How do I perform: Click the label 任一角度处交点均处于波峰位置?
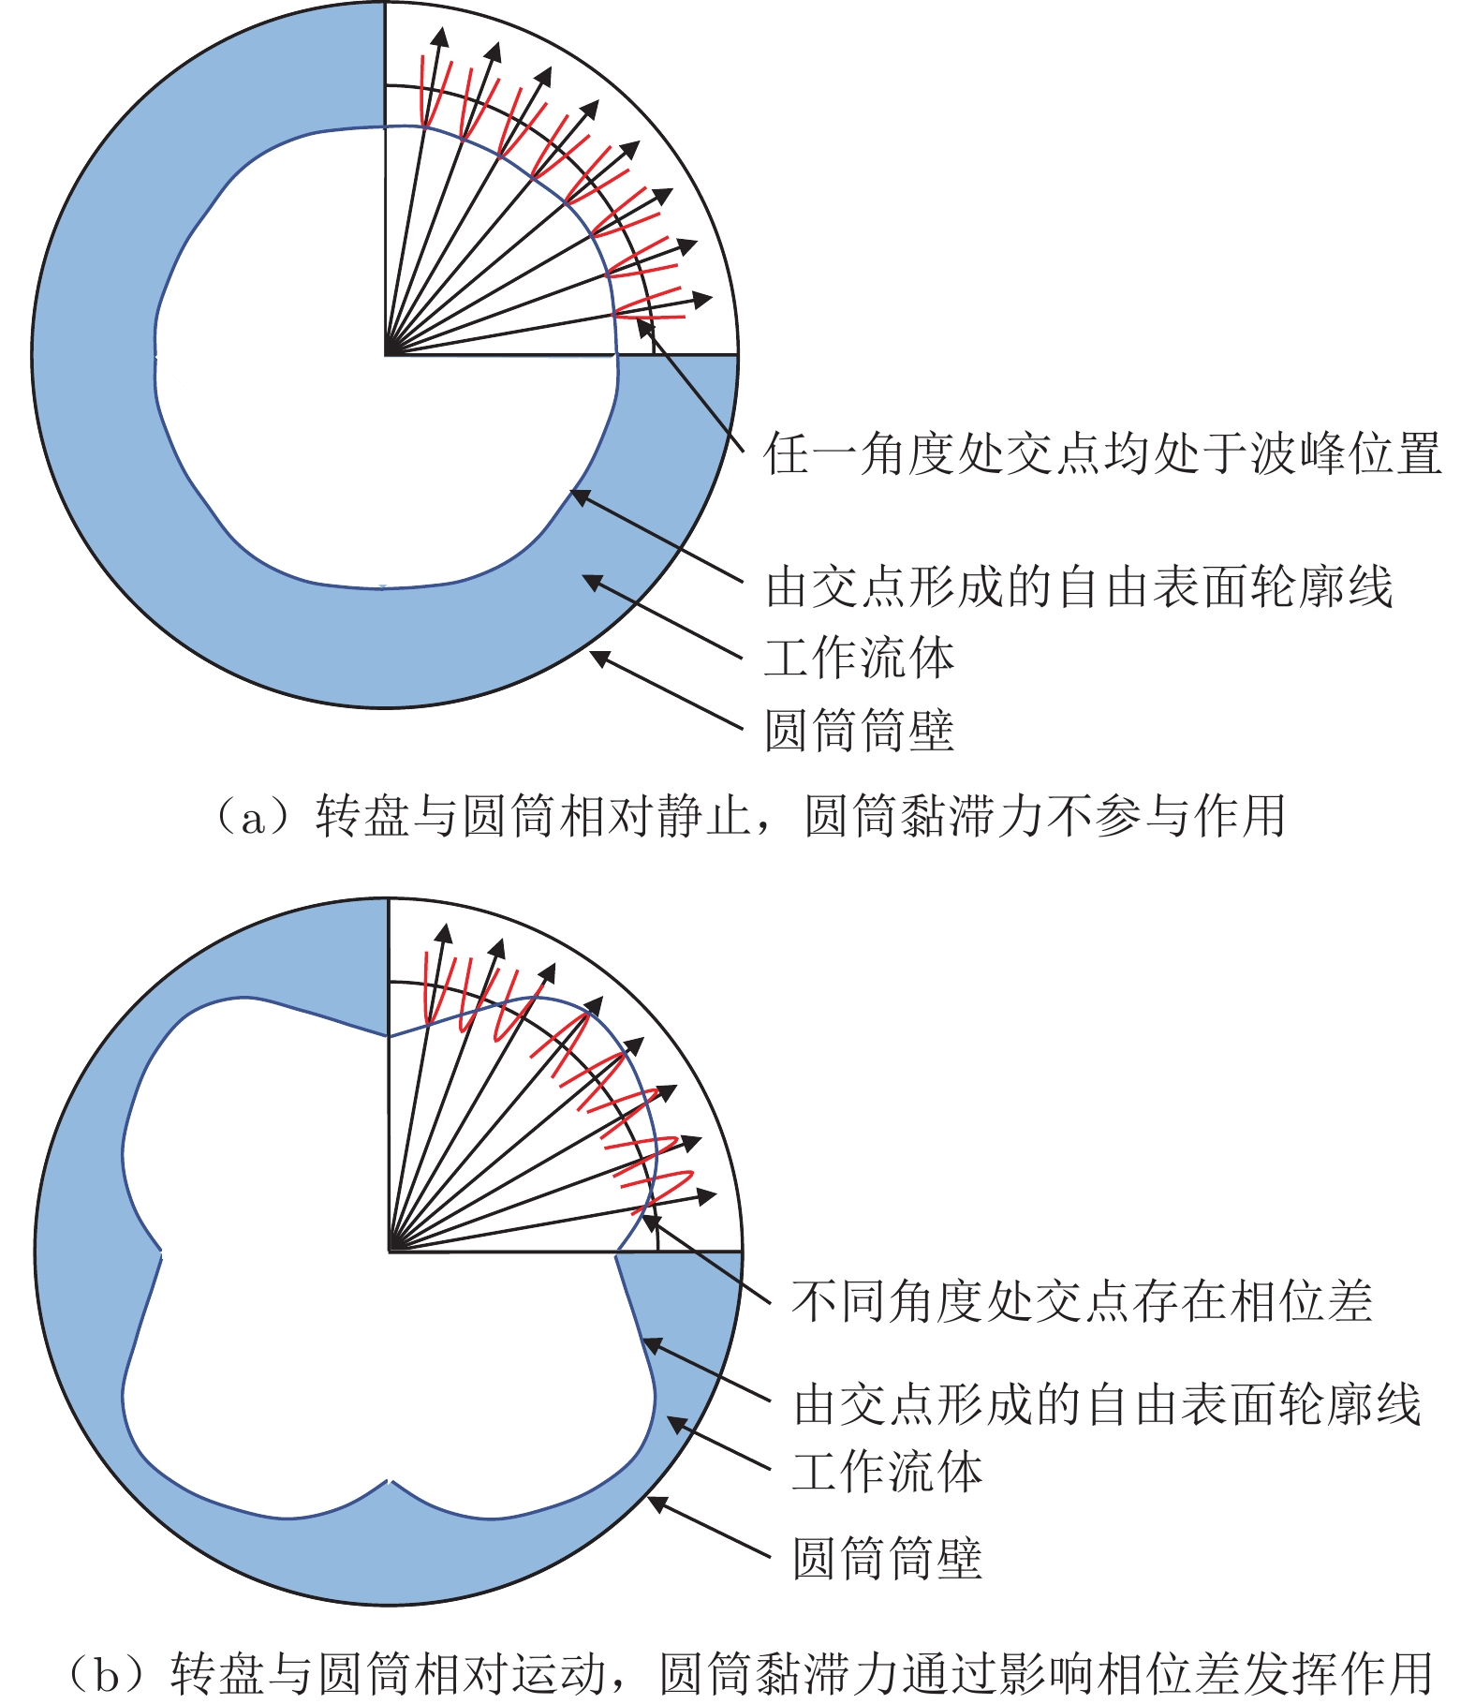click(1102, 453)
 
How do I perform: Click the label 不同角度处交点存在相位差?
click(1082, 1301)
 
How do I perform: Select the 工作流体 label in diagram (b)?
click(888, 1472)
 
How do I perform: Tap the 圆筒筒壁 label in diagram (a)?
click(860, 731)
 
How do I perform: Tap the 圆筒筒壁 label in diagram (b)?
click(888, 1559)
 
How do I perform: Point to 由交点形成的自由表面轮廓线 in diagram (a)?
click(1080, 587)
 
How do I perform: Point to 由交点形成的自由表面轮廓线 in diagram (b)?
click(1108, 1406)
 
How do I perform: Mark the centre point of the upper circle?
click(386, 354)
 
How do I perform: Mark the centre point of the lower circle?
click(389, 1251)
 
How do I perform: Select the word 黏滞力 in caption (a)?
click(971, 816)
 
